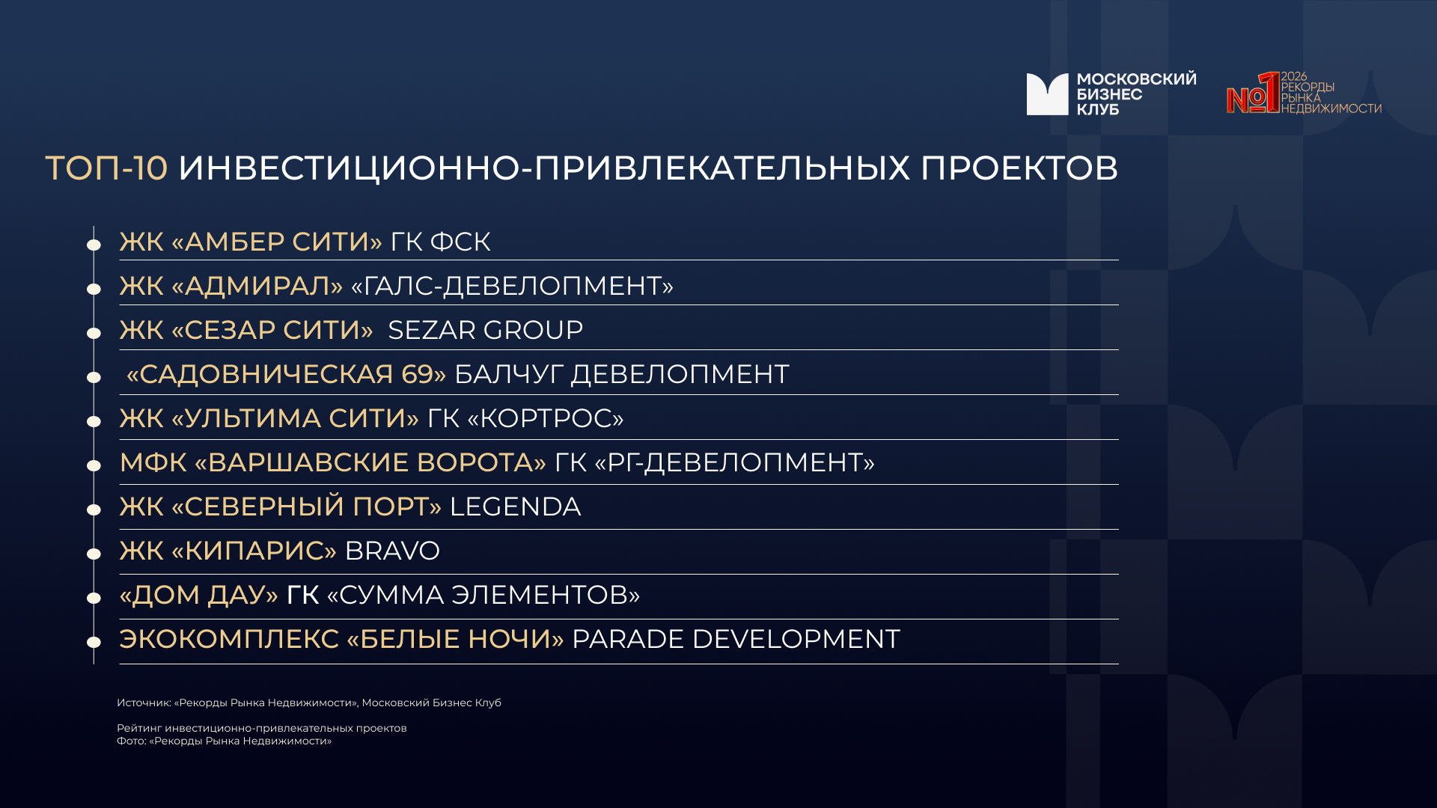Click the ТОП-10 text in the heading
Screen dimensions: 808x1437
(106, 168)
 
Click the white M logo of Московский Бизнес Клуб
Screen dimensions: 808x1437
(1047, 94)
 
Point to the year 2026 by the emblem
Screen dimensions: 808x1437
(1294, 76)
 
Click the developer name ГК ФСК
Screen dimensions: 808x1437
(440, 242)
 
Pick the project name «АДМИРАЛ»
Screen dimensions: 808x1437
(257, 286)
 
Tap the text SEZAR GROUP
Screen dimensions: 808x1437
(485, 330)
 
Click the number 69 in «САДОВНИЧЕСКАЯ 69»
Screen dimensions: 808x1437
(417, 374)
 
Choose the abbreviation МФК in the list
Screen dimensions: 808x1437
(153, 462)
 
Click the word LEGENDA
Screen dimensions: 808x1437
(515, 506)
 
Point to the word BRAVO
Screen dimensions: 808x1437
(392, 551)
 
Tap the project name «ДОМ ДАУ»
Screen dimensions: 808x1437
(199, 595)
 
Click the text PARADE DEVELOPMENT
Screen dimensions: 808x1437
(736, 639)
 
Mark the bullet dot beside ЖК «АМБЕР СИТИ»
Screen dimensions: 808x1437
(94, 245)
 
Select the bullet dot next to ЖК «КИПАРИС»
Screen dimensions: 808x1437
(94, 554)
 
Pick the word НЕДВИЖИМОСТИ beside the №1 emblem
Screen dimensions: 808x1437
(1331, 108)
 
